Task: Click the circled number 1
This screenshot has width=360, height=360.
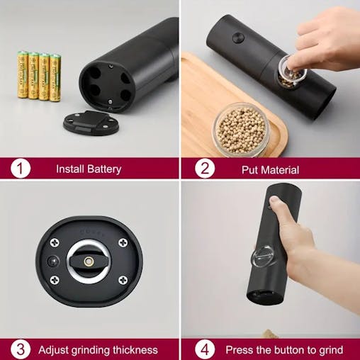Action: pyautogui.click(x=21, y=169)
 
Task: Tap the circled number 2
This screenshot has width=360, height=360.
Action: pyautogui.click(x=205, y=169)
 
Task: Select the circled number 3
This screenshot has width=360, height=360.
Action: pyautogui.click(x=21, y=349)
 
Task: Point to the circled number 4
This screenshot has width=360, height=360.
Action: pyautogui.click(x=205, y=349)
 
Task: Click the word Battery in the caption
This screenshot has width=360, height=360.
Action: pyautogui.click(x=104, y=169)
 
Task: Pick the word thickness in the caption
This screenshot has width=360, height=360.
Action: pyautogui.click(x=132, y=349)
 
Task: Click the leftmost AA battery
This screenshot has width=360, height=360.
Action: pyautogui.click(x=23, y=74)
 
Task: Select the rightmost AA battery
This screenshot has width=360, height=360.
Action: pyautogui.click(x=55, y=77)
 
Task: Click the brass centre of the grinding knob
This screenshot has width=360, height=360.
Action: pyautogui.click(x=89, y=261)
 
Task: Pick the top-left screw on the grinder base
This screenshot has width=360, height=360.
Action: pyautogui.click(x=55, y=242)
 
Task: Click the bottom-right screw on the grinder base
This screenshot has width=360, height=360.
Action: pyautogui.click(x=123, y=281)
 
